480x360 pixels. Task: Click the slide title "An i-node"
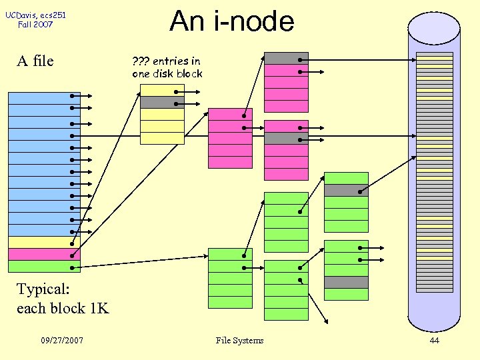[231, 21]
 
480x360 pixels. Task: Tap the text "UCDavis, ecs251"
[36, 15]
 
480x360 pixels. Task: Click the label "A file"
[35, 61]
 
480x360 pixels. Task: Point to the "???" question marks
[141, 61]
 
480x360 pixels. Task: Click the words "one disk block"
[167, 73]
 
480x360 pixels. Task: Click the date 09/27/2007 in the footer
[62, 341]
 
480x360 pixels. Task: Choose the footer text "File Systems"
[239, 341]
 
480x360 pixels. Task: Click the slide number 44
[434, 341]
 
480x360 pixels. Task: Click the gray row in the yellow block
[162, 103]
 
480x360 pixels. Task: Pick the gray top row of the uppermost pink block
[286, 58]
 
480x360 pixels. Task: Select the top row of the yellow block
[162, 90]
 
